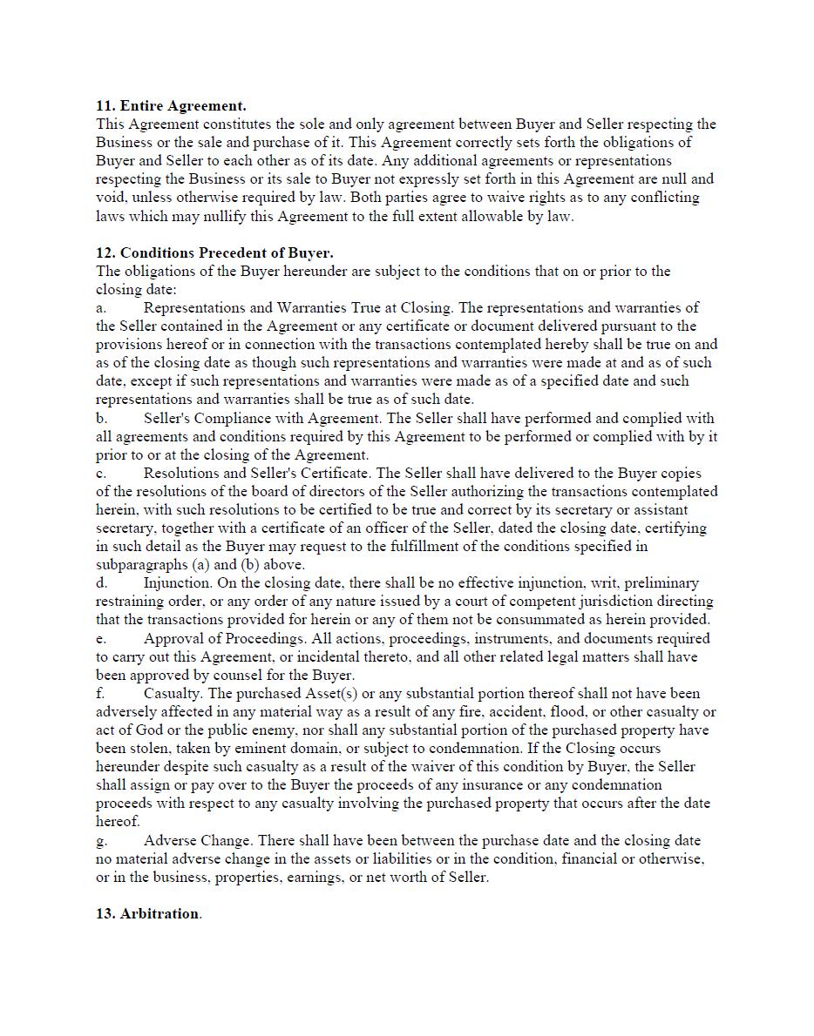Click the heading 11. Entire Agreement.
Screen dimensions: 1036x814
(x=171, y=105)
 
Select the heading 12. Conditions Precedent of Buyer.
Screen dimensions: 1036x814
(x=214, y=252)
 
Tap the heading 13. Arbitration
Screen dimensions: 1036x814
(x=148, y=913)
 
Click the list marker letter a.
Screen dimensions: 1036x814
(x=101, y=308)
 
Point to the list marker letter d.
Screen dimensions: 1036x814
(x=101, y=583)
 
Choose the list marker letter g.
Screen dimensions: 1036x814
(x=101, y=841)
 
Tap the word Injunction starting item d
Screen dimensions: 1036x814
(x=177, y=583)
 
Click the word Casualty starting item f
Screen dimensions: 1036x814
(x=173, y=694)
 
